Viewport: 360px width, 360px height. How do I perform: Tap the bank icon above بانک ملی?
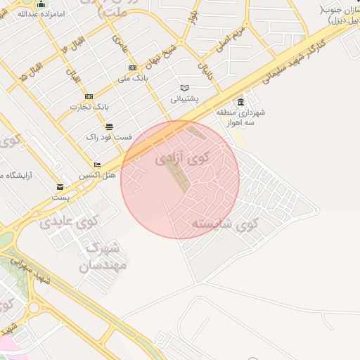coord(131,67)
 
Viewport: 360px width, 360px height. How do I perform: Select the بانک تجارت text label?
coord(87,107)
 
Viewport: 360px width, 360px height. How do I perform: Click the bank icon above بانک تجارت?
coord(88,96)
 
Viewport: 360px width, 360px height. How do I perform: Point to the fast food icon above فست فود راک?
coord(109,127)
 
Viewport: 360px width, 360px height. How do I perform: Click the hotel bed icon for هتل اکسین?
coord(97,165)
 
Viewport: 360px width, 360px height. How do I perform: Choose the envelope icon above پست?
coord(60,187)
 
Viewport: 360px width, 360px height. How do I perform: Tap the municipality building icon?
coord(241,101)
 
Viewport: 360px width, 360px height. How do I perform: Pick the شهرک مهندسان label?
coord(103,257)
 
